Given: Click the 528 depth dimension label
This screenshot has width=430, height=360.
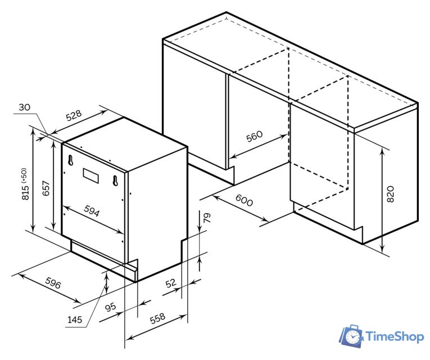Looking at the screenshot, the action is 74,115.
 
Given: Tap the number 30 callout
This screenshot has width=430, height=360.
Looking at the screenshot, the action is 24,107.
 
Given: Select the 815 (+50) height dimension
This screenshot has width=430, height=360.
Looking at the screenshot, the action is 25,184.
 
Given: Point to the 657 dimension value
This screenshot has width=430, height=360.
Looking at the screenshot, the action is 46,188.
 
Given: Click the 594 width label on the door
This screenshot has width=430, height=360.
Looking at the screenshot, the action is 92,211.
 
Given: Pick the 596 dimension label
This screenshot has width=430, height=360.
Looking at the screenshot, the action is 53,283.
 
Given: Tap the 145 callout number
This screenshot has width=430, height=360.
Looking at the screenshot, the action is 75,319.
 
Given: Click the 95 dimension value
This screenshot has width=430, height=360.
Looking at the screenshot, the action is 111,307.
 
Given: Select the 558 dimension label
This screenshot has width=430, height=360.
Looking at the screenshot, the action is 157,318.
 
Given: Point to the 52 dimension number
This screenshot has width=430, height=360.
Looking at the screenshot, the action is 170,283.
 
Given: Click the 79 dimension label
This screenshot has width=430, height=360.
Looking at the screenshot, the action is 207,218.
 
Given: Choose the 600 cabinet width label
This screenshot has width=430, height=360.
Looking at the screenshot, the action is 244,200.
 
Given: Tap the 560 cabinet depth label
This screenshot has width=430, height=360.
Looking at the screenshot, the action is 254,136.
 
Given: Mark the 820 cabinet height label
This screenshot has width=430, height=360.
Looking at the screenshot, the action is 390,194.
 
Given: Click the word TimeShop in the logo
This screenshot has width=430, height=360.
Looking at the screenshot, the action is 395,336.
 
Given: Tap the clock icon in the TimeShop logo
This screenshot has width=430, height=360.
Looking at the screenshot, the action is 352,336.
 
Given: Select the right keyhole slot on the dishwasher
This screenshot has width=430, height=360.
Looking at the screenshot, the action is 115,180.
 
